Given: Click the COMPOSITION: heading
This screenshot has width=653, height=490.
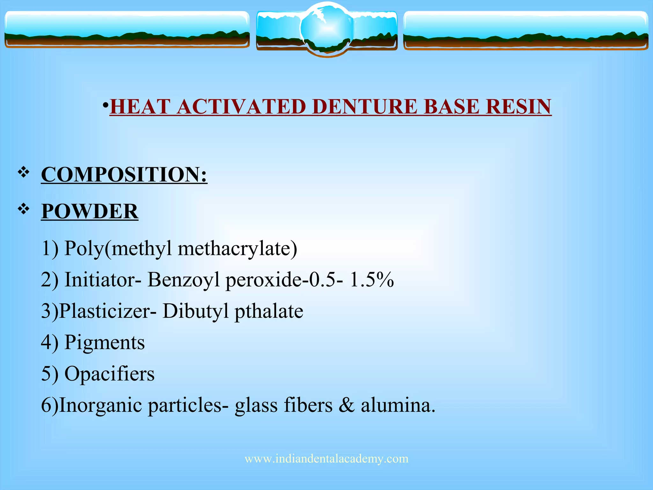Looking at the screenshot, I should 124,174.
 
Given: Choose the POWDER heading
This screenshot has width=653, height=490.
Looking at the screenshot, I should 90,211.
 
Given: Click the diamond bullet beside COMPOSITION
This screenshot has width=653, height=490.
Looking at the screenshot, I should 24,173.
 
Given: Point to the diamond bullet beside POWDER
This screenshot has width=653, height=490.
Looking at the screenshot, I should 24,209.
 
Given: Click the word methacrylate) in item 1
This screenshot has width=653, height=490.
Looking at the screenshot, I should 237,249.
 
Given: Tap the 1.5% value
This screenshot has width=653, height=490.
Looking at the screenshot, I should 372,280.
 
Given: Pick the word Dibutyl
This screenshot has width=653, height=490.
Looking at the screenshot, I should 195,311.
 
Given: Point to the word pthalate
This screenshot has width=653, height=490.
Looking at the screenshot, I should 269,311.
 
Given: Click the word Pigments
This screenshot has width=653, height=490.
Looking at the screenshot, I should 105,343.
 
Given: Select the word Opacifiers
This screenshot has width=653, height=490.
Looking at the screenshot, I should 109,374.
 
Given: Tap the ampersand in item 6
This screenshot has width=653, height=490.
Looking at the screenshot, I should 347,405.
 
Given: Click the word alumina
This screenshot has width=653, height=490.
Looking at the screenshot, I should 398,405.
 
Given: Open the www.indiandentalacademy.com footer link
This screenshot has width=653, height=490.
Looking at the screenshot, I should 326,459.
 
